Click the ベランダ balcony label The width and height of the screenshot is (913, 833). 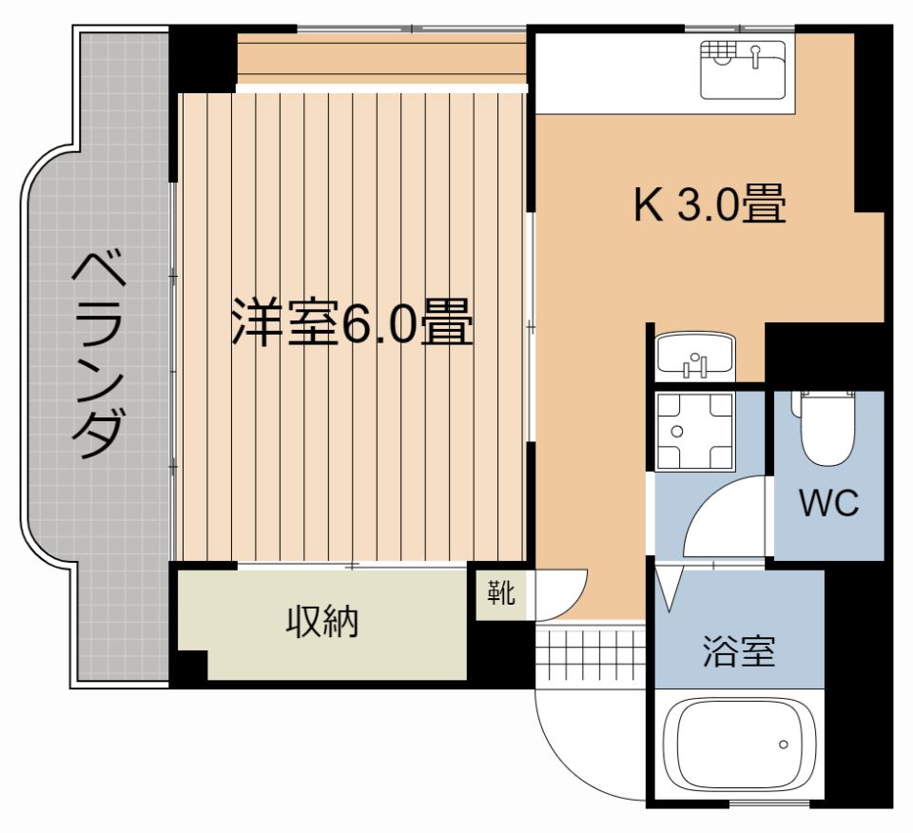pyautogui.click(x=99, y=355)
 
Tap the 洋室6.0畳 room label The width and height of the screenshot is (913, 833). pyautogui.click(x=352, y=322)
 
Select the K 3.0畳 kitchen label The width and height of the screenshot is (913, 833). pyautogui.click(x=709, y=203)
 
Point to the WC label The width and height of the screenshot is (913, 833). pyautogui.click(x=829, y=503)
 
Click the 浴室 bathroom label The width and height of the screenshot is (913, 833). pyautogui.click(x=739, y=651)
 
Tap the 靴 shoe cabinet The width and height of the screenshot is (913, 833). pyautogui.click(x=501, y=593)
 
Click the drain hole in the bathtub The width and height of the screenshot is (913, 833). pyautogui.click(x=783, y=745)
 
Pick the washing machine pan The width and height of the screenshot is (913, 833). pyautogui.click(x=694, y=432)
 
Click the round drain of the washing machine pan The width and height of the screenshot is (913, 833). pyautogui.click(x=676, y=432)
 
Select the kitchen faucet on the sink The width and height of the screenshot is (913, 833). pyautogui.click(x=755, y=56)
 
